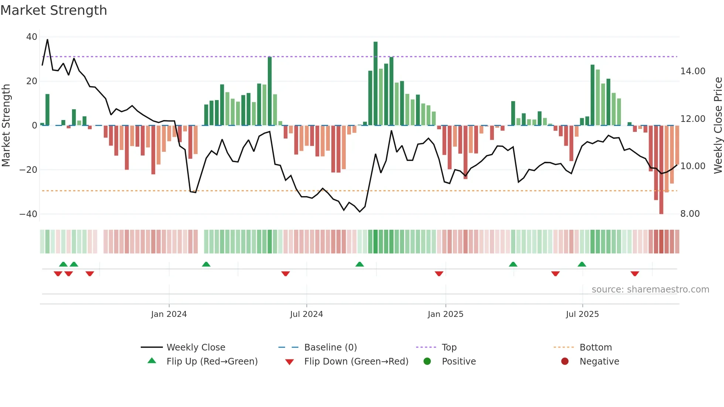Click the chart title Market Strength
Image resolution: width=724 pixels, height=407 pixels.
pyautogui.click(x=54, y=10)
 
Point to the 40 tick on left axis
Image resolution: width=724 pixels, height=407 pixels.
pyautogui.click(x=32, y=37)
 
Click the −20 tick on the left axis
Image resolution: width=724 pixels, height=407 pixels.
pyautogui.click(x=28, y=170)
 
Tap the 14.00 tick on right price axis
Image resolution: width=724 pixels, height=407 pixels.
pyautogui.click(x=693, y=71)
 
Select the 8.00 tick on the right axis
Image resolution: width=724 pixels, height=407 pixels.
pyautogui.click(x=690, y=214)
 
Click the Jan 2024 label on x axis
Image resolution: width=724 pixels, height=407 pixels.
pyautogui.click(x=169, y=314)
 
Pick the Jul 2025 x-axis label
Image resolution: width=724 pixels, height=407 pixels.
pyautogui.click(x=582, y=314)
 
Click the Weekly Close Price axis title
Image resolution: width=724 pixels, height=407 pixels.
pyautogui.click(x=718, y=126)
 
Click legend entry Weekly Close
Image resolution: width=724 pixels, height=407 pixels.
pyautogui.click(x=195, y=348)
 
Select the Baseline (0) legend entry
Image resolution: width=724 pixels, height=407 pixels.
pyautogui.click(x=330, y=348)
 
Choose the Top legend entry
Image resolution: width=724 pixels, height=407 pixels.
pyautogui.click(x=449, y=348)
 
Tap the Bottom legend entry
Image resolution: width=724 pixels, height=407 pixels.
pyautogui.click(x=595, y=348)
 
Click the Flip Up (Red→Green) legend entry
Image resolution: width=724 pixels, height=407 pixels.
pyautogui.click(x=212, y=362)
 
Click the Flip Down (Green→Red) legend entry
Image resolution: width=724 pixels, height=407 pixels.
pyautogui.click(x=356, y=362)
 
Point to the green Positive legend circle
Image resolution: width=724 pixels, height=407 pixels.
pyautogui.click(x=427, y=362)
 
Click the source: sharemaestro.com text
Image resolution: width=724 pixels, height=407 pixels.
pyautogui.click(x=650, y=290)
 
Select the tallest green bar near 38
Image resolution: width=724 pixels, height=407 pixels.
pyautogui.click(x=376, y=83)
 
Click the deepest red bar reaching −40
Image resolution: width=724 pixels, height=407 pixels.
pyautogui.click(x=661, y=170)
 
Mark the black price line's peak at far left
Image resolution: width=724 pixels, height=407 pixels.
pyautogui.click(x=47, y=40)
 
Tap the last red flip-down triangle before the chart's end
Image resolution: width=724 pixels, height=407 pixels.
pyautogui.click(x=635, y=274)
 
